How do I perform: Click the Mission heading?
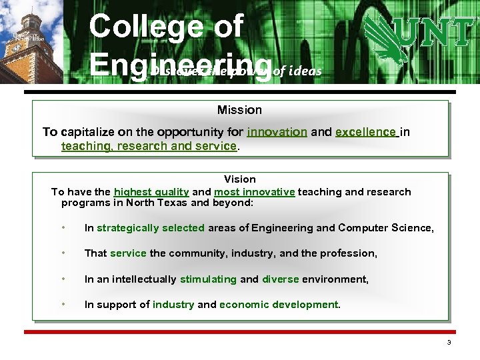pyautogui.click(x=239, y=110)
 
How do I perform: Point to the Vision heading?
pyautogui.click(x=239, y=179)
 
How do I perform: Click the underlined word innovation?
pyautogui.click(x=277, y=132)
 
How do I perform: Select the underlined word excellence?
pyautogui.click(x=365, y=132)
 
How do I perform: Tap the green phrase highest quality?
pyautogui.click(x=151, y=192)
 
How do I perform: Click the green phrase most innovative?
pyautogui.click(x=254, y=192)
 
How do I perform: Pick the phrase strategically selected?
pyautogui.click(x=151, y=228)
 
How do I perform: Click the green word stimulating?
pyautogui.click(x=208, y=279)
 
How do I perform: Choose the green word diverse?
pyautogui.click(x=280, y=279)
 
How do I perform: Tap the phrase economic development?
pyautogui.click(x=279, y=305)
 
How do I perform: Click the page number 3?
pyautogui.click(x=449, y=343)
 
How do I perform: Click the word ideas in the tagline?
pyautogui.click(x=307, y=71)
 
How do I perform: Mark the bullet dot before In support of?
pyautogui.click(x=62, y=305)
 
